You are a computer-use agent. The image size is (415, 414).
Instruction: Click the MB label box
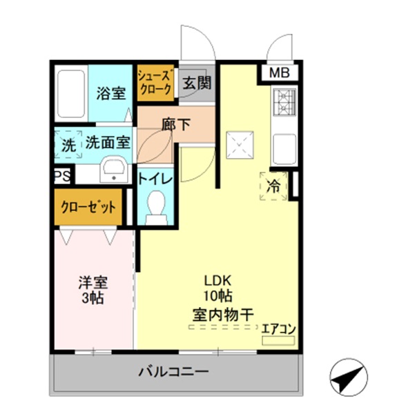pyautogui.click(x=280, y=73)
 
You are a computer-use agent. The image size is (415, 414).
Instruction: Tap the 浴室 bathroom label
pyautogui.click(x=110, y=92)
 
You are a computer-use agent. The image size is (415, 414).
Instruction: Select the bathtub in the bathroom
pyautogui.click(x=70, y=93)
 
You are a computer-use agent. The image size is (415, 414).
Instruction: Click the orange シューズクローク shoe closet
pyautogui.click(x=155, y=83)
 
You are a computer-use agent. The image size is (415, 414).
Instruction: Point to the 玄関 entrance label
pyautogui.click(x=195, y=83)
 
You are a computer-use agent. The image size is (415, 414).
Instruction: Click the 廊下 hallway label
pyautogui.click(x=175, y=126)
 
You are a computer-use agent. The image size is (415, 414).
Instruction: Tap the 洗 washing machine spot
pyautogui.click(x=68, y=145)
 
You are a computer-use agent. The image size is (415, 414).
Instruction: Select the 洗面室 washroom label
pyautogui.click(x=107, y=143)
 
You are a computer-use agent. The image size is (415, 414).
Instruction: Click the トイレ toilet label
pyautogui.click(x=155, y=178)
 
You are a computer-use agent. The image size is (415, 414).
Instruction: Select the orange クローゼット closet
pyautogui.click(x=87, y=206)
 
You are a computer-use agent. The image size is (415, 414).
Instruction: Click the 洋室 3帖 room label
pyautogui.click(x=93, y=290)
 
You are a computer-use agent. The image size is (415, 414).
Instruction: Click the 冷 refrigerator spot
pyautogui.click(x=273, y=186)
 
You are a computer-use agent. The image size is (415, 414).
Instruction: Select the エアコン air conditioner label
pyautogui.click(x=278, y=329)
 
